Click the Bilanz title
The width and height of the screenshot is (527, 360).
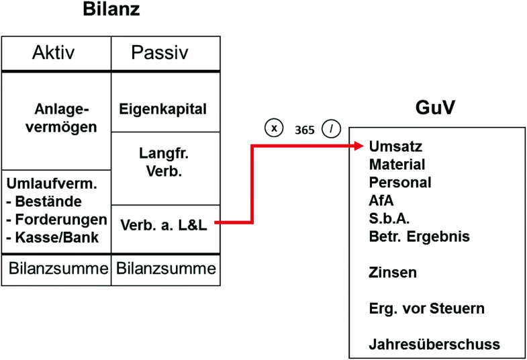coord(112,10)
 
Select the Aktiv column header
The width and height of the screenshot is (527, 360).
coord(56,53)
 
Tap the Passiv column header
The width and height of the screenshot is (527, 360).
coord(165,53)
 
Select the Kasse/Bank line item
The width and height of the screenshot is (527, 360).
coord(53,236)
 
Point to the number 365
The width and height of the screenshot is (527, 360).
coord(304,130)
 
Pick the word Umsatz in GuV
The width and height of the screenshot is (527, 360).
coord(396,146)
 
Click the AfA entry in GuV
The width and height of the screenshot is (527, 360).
coord(381,200)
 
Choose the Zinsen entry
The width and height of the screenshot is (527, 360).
coord(393,273)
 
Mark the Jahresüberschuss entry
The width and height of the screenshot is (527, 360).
coord(434,345)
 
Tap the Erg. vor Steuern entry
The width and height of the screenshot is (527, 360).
coord(426,308)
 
